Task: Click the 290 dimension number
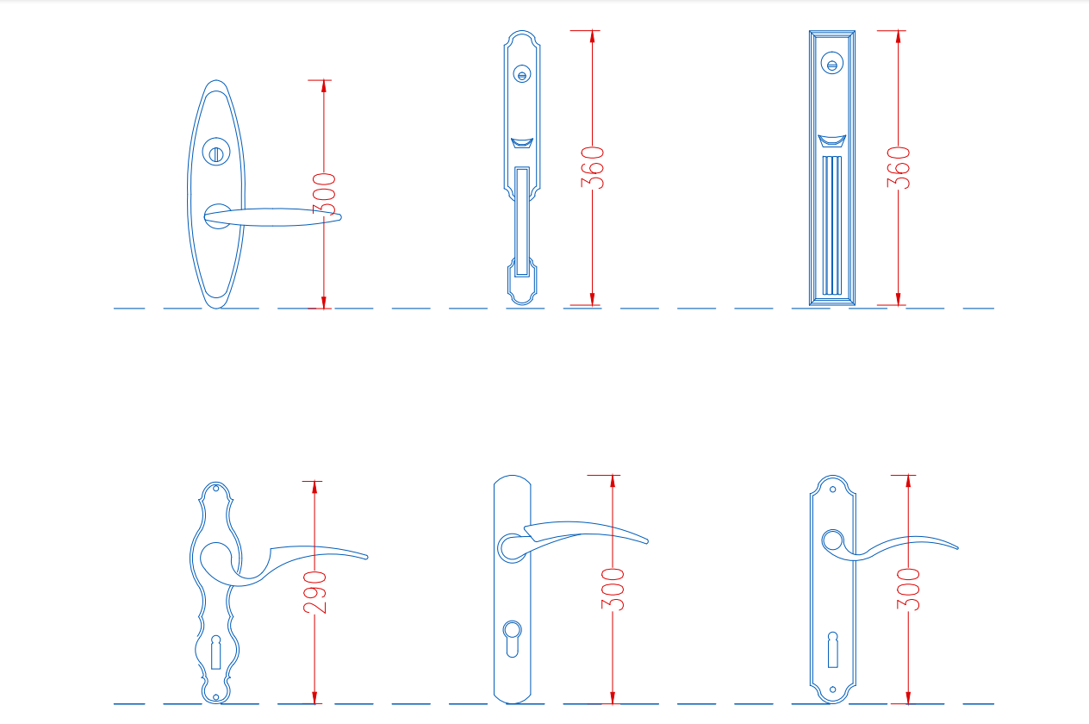(314, 592)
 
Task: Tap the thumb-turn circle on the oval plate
(216, 152)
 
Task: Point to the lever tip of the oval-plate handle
(339, 217)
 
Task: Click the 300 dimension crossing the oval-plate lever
(324, 194)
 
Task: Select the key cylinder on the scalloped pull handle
(521, 74)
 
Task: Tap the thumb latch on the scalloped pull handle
(521, 143)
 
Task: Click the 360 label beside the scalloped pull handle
(592, 167)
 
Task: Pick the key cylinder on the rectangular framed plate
(831, 63)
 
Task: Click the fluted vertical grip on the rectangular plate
(831, 225)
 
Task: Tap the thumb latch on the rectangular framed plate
(831, 140)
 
